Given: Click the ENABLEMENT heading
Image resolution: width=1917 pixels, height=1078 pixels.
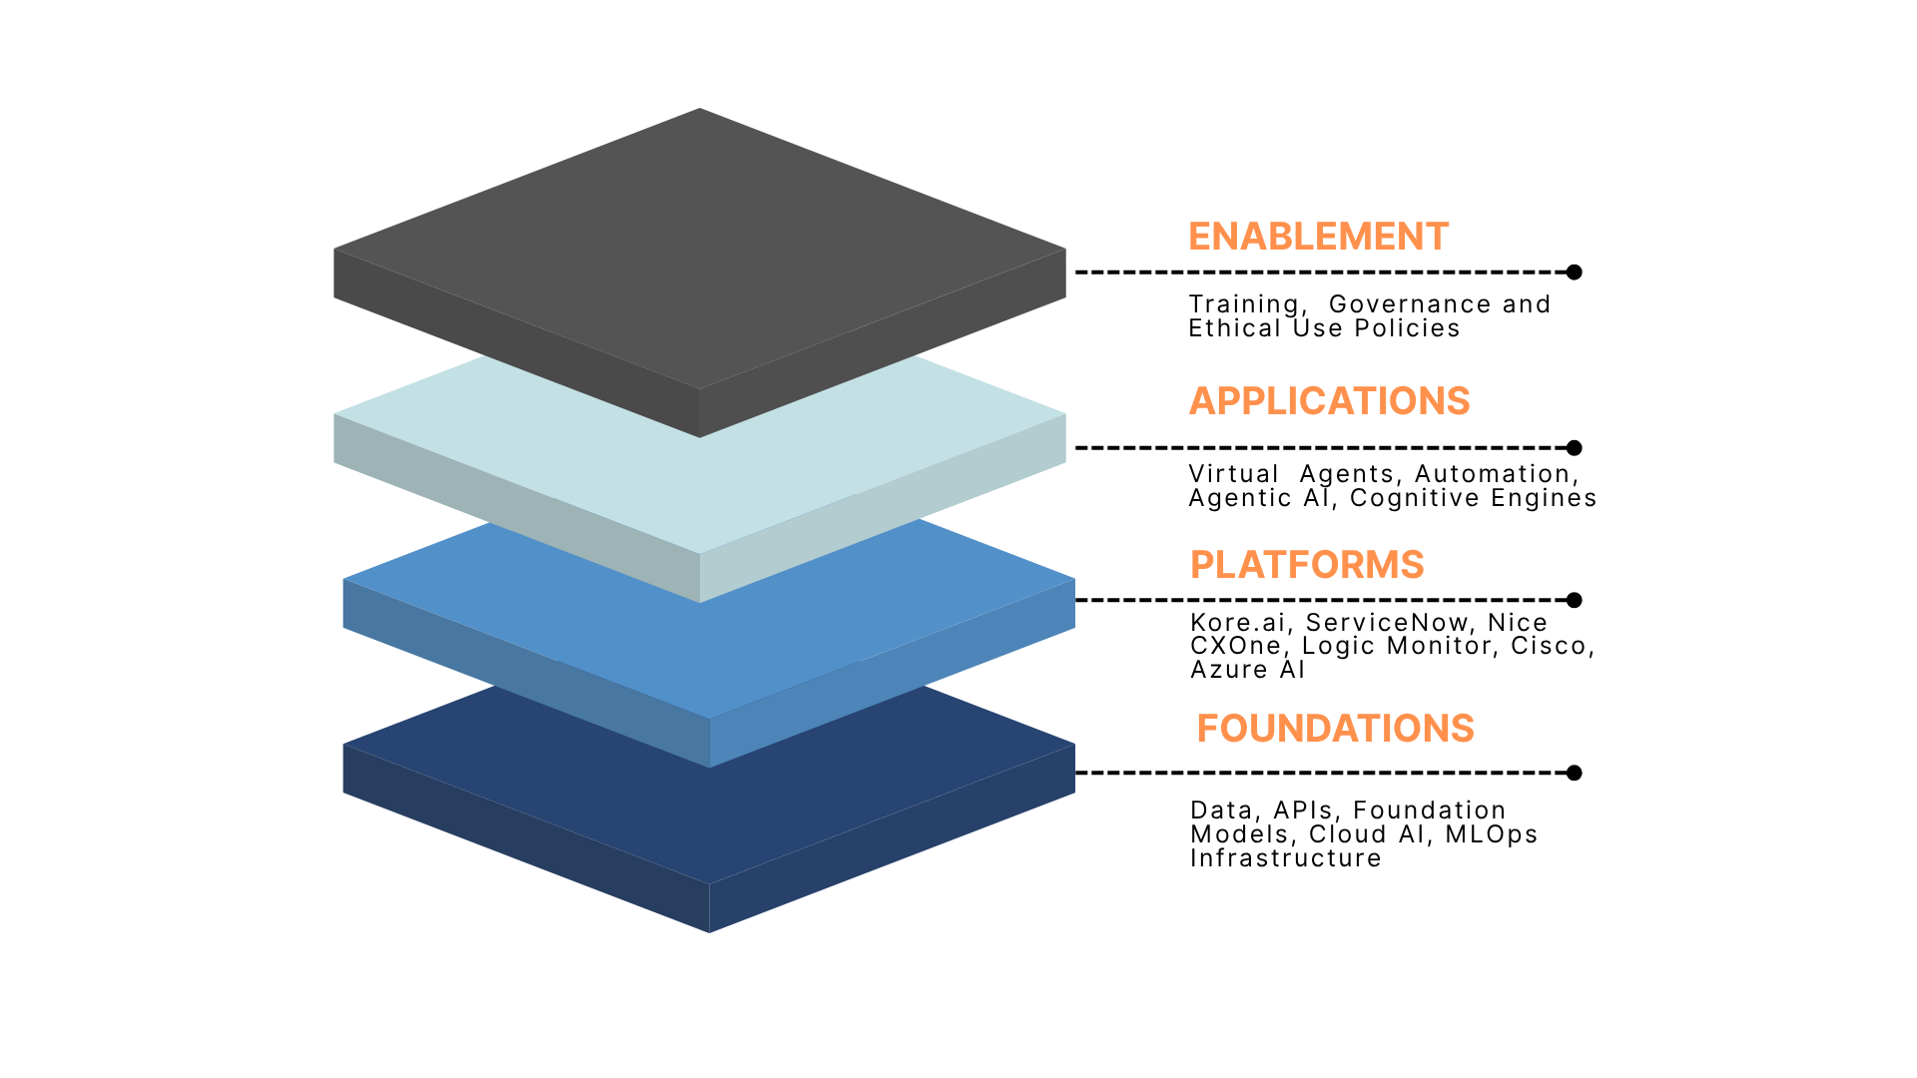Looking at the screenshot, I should click(x=1318, y=237).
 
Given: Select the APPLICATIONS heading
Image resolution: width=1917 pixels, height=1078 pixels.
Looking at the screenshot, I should click(x=1329, y=401).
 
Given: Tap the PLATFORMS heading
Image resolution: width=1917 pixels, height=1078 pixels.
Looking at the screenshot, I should click(x=1307, y=565).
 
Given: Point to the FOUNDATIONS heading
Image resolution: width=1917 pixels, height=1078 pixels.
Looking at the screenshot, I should click(x=1335, y=729).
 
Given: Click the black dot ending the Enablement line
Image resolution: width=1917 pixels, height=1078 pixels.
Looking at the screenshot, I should click(x=1575, y=271).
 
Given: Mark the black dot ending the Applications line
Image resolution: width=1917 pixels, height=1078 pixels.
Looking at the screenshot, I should click(x=1575, y=447).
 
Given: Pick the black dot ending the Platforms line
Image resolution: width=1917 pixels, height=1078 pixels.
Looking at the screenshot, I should click(x=1575, y=600).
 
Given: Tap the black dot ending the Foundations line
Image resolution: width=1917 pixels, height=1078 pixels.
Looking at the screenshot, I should click(x=1575, y=773).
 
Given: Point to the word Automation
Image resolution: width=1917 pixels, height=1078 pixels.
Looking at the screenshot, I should click(x=1494, y=474).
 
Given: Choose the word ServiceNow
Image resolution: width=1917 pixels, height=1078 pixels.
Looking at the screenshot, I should click(x=1387, y=623).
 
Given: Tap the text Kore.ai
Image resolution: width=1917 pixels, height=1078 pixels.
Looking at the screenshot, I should click(x=1238, y=623).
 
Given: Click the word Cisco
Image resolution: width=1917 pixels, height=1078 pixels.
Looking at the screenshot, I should click(x=1550, y=646).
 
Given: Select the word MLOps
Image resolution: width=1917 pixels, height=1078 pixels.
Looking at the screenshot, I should click(x=1491, y=834).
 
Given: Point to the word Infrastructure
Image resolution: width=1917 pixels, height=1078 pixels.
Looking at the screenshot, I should click(x=1286, y=858).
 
